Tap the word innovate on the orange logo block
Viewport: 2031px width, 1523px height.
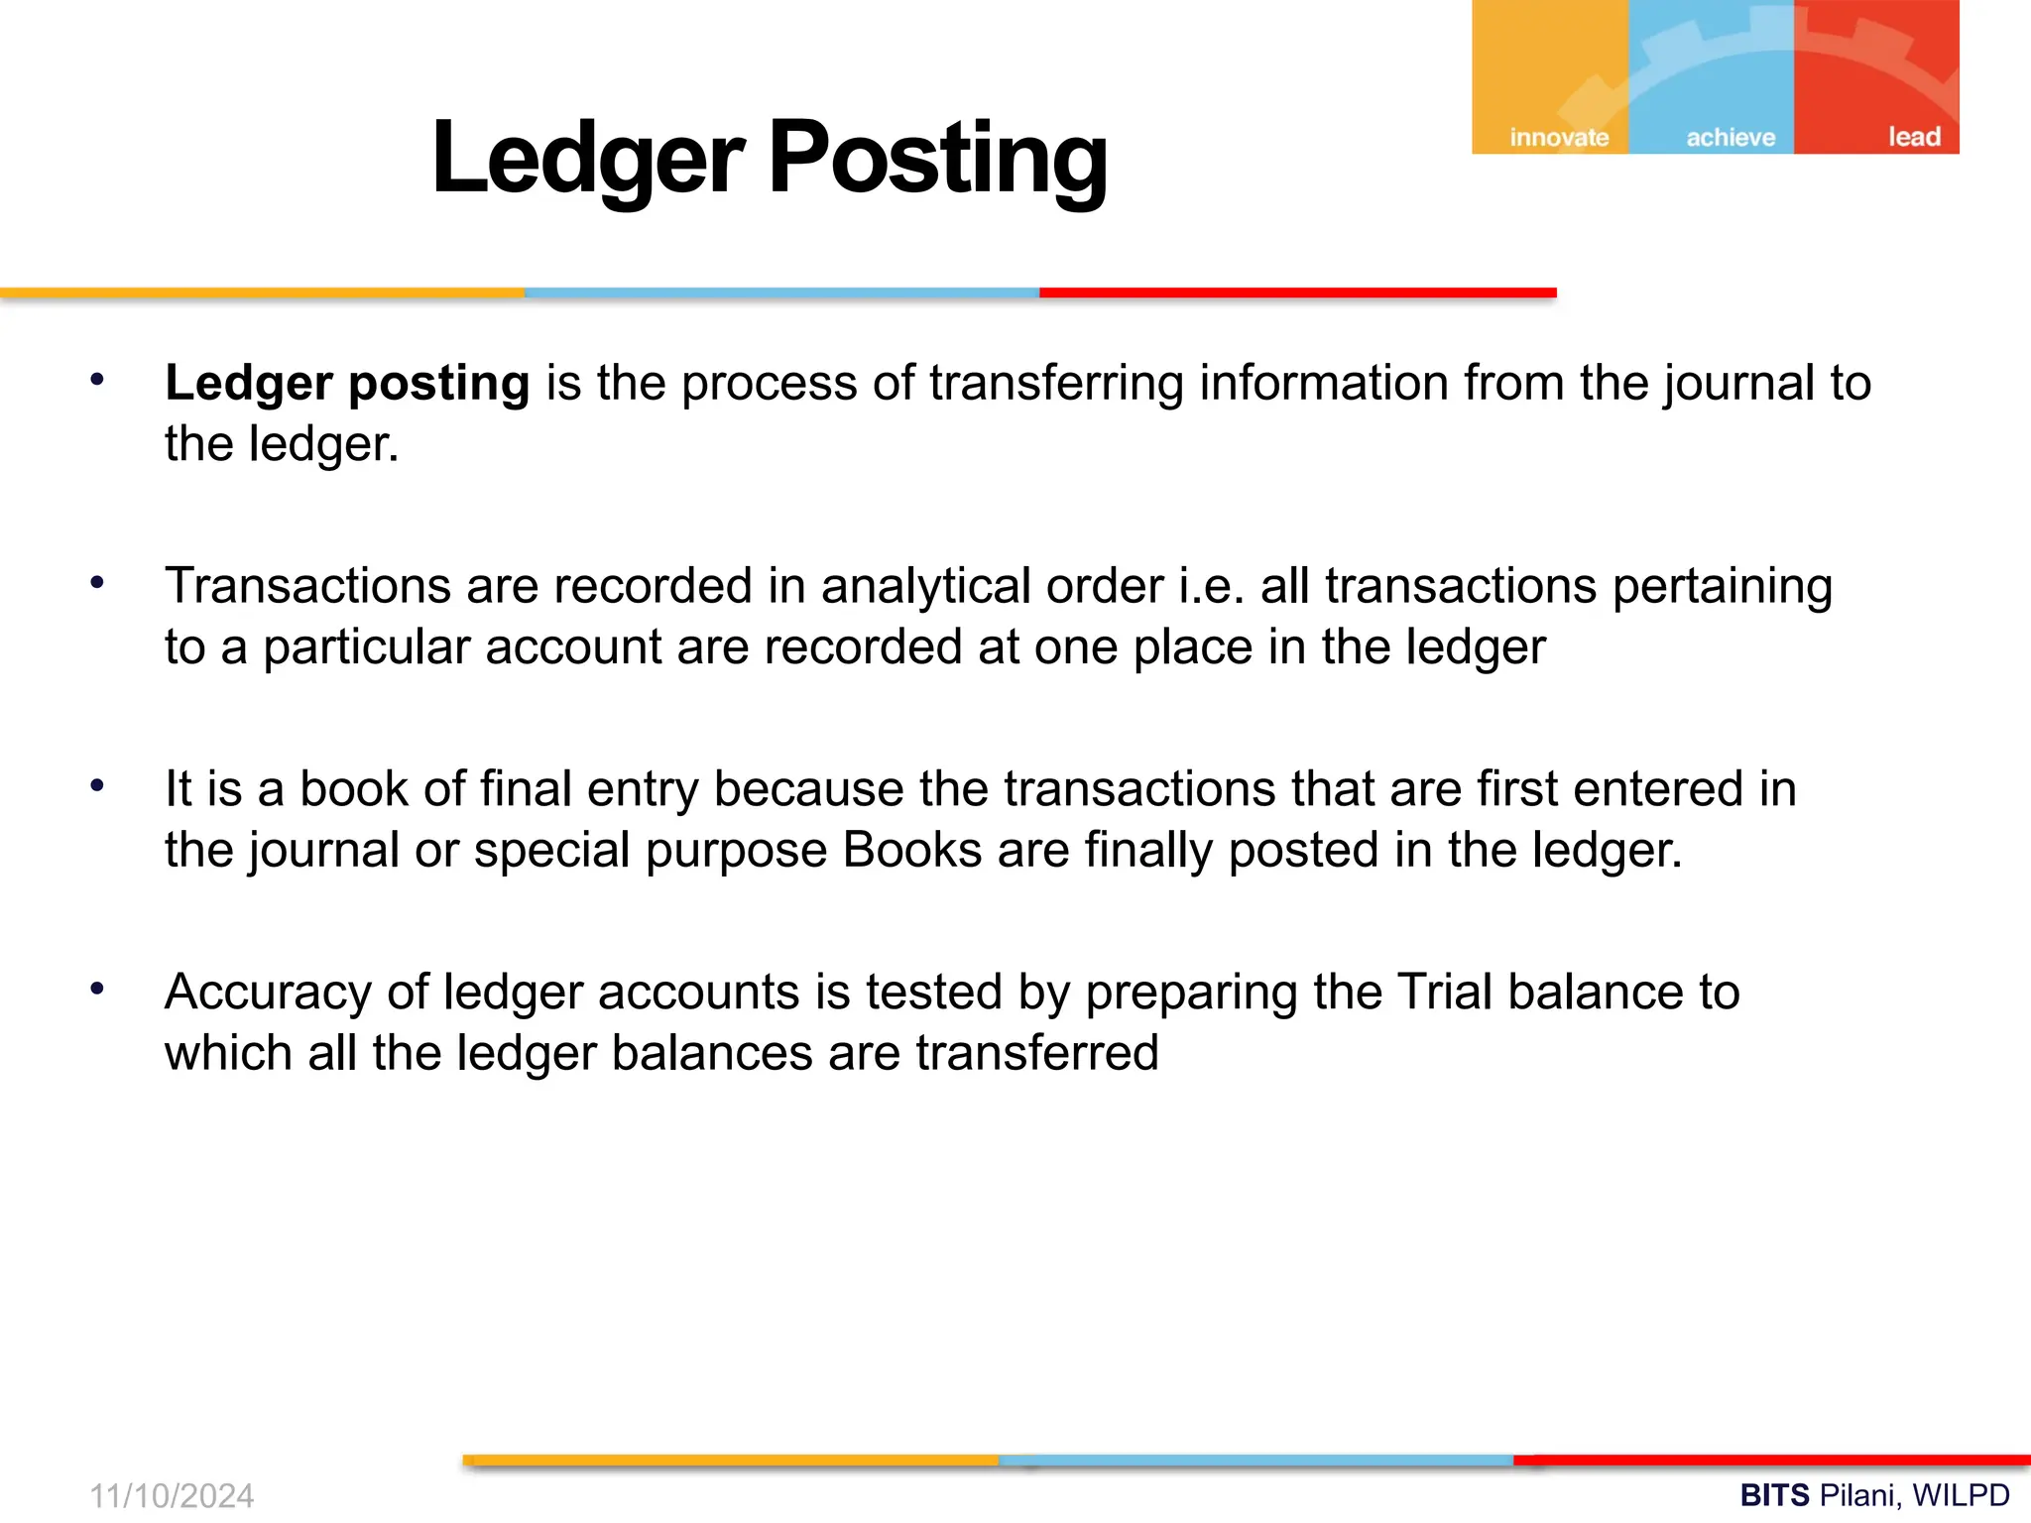[x=1559, y=137]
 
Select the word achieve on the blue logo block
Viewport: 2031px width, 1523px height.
[x=1731, y=137]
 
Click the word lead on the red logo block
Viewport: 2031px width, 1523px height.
[x=1913, y=137]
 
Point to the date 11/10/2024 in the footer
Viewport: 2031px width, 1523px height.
[x=172, y=1495]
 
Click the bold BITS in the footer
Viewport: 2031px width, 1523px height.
[x=1774, y=1495]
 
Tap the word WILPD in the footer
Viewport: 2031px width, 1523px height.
[x=1961, y=1495]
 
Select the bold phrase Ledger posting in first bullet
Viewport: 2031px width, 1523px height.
[x=347, y=384]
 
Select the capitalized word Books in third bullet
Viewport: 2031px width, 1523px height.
[x=911, y=850]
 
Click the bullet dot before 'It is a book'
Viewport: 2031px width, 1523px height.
[x=97, y=786]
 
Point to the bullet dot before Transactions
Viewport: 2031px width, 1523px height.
[x=97, y=583]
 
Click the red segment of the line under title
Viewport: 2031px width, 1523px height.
[x=1297, y=293]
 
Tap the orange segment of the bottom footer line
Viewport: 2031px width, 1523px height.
[x=731, y=1461]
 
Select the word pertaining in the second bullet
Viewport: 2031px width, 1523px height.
[x=1722, y=586]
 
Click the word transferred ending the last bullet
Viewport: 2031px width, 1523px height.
[x=1036, y=1053]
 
